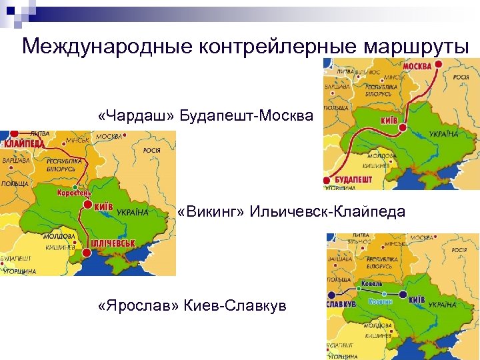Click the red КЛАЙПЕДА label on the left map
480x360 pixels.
25,143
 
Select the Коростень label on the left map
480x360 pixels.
79,193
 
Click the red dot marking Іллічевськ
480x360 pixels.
87,253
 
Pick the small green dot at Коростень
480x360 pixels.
79,186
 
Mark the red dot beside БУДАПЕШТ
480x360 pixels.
327,181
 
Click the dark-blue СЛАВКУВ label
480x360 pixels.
341,304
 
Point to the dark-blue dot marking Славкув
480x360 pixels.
331,294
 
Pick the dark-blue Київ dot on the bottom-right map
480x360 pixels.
403,294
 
